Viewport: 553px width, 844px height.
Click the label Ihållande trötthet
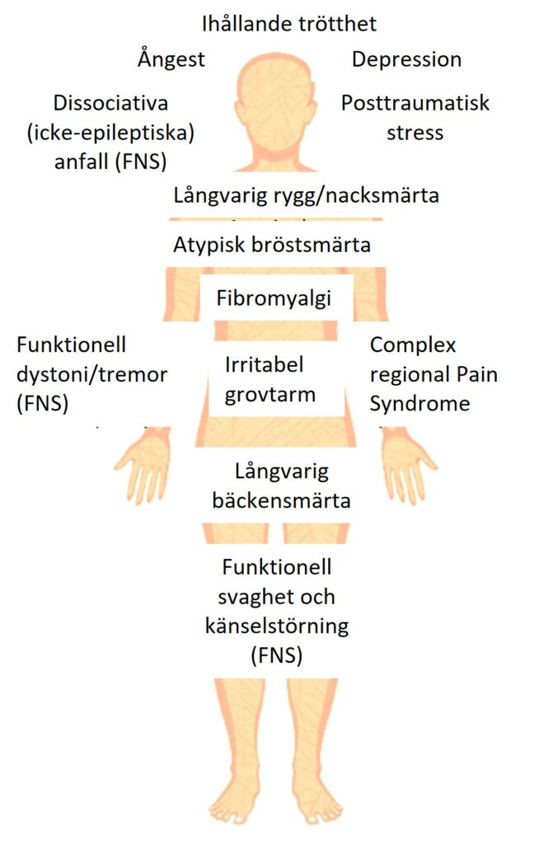289,24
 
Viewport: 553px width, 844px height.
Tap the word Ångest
171,59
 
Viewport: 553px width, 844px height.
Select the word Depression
406,59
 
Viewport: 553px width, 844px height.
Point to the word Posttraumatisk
415,103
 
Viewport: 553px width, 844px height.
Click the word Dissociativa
110,103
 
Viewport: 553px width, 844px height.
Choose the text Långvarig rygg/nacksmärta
306,195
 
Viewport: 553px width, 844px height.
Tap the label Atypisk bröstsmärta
272,246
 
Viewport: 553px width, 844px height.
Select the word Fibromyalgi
274,298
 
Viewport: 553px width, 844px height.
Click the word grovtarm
269,396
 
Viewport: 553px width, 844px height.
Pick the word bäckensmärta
281,500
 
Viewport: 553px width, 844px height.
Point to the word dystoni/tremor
92,375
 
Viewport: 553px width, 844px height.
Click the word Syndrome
420,404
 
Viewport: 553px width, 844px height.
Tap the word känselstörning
277,626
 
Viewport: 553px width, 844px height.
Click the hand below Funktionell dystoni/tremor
143,464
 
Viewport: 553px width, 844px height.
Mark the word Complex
413,345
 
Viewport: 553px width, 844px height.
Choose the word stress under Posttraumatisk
415,133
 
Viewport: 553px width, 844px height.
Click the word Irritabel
264,365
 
